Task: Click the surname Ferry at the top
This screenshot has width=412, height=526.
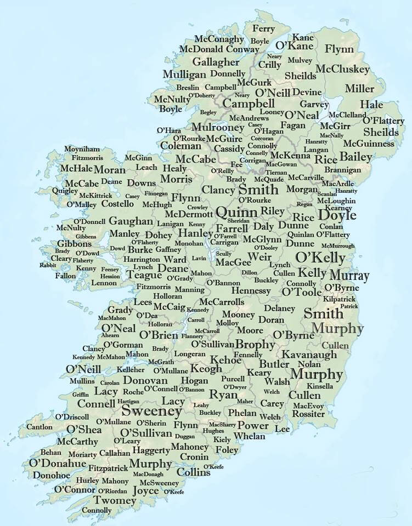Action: click(x=263, y=28)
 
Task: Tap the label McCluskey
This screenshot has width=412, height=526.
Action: click(x=343, y=70)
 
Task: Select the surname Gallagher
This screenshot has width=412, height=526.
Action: click(x=216, y=62)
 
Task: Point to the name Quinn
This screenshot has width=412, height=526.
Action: click(x=236, y=212)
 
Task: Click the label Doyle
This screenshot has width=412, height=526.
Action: click(x=337, y=215)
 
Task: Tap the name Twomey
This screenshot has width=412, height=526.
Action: click(x=115, y=500)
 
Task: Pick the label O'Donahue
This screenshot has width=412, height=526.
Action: click(x=58, y=464)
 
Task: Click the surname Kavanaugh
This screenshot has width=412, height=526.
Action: click(x=309, y=355)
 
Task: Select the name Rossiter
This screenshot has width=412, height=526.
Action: click(x=309, y=414)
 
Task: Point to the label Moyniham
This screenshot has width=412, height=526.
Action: click(x=82, y=149)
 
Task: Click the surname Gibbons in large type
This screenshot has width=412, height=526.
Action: click(x=74, y=244)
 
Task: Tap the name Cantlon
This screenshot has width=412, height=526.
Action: click(x=39, y=427)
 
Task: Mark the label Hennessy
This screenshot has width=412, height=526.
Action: click(x=251, y=290)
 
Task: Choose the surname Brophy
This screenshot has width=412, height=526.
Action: click(x=255, y=345)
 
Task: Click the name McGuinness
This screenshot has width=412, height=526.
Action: click(x=368, y=144)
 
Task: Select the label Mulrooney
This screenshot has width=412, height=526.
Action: click(x=217, y=127)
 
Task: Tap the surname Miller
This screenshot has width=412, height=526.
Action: click(x=359, y=89)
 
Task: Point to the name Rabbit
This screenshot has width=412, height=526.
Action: click(x=48, y=265)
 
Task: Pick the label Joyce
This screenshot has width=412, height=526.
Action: click(x=145, y=491)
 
